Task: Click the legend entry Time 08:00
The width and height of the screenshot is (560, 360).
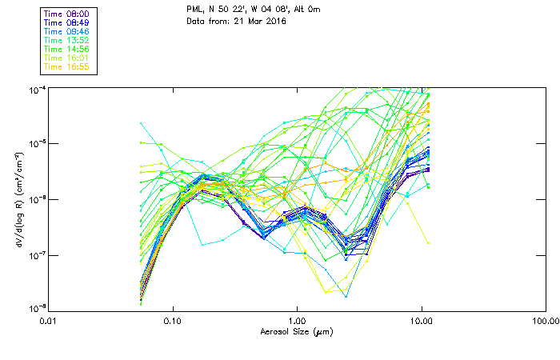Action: [67, 14]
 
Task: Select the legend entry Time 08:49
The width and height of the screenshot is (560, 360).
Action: [67, 22]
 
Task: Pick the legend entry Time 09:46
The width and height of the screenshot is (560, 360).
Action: [67, 31]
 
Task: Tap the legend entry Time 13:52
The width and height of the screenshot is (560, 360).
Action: [67, 40]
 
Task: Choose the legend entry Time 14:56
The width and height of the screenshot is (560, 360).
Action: [67, 49]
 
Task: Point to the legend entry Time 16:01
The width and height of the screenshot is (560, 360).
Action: [67, 58]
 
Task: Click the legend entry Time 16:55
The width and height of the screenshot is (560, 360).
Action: [67, 66]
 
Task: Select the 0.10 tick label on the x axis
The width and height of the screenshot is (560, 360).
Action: [173, 321]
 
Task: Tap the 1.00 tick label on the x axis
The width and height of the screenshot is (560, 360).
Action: [297, 321]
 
